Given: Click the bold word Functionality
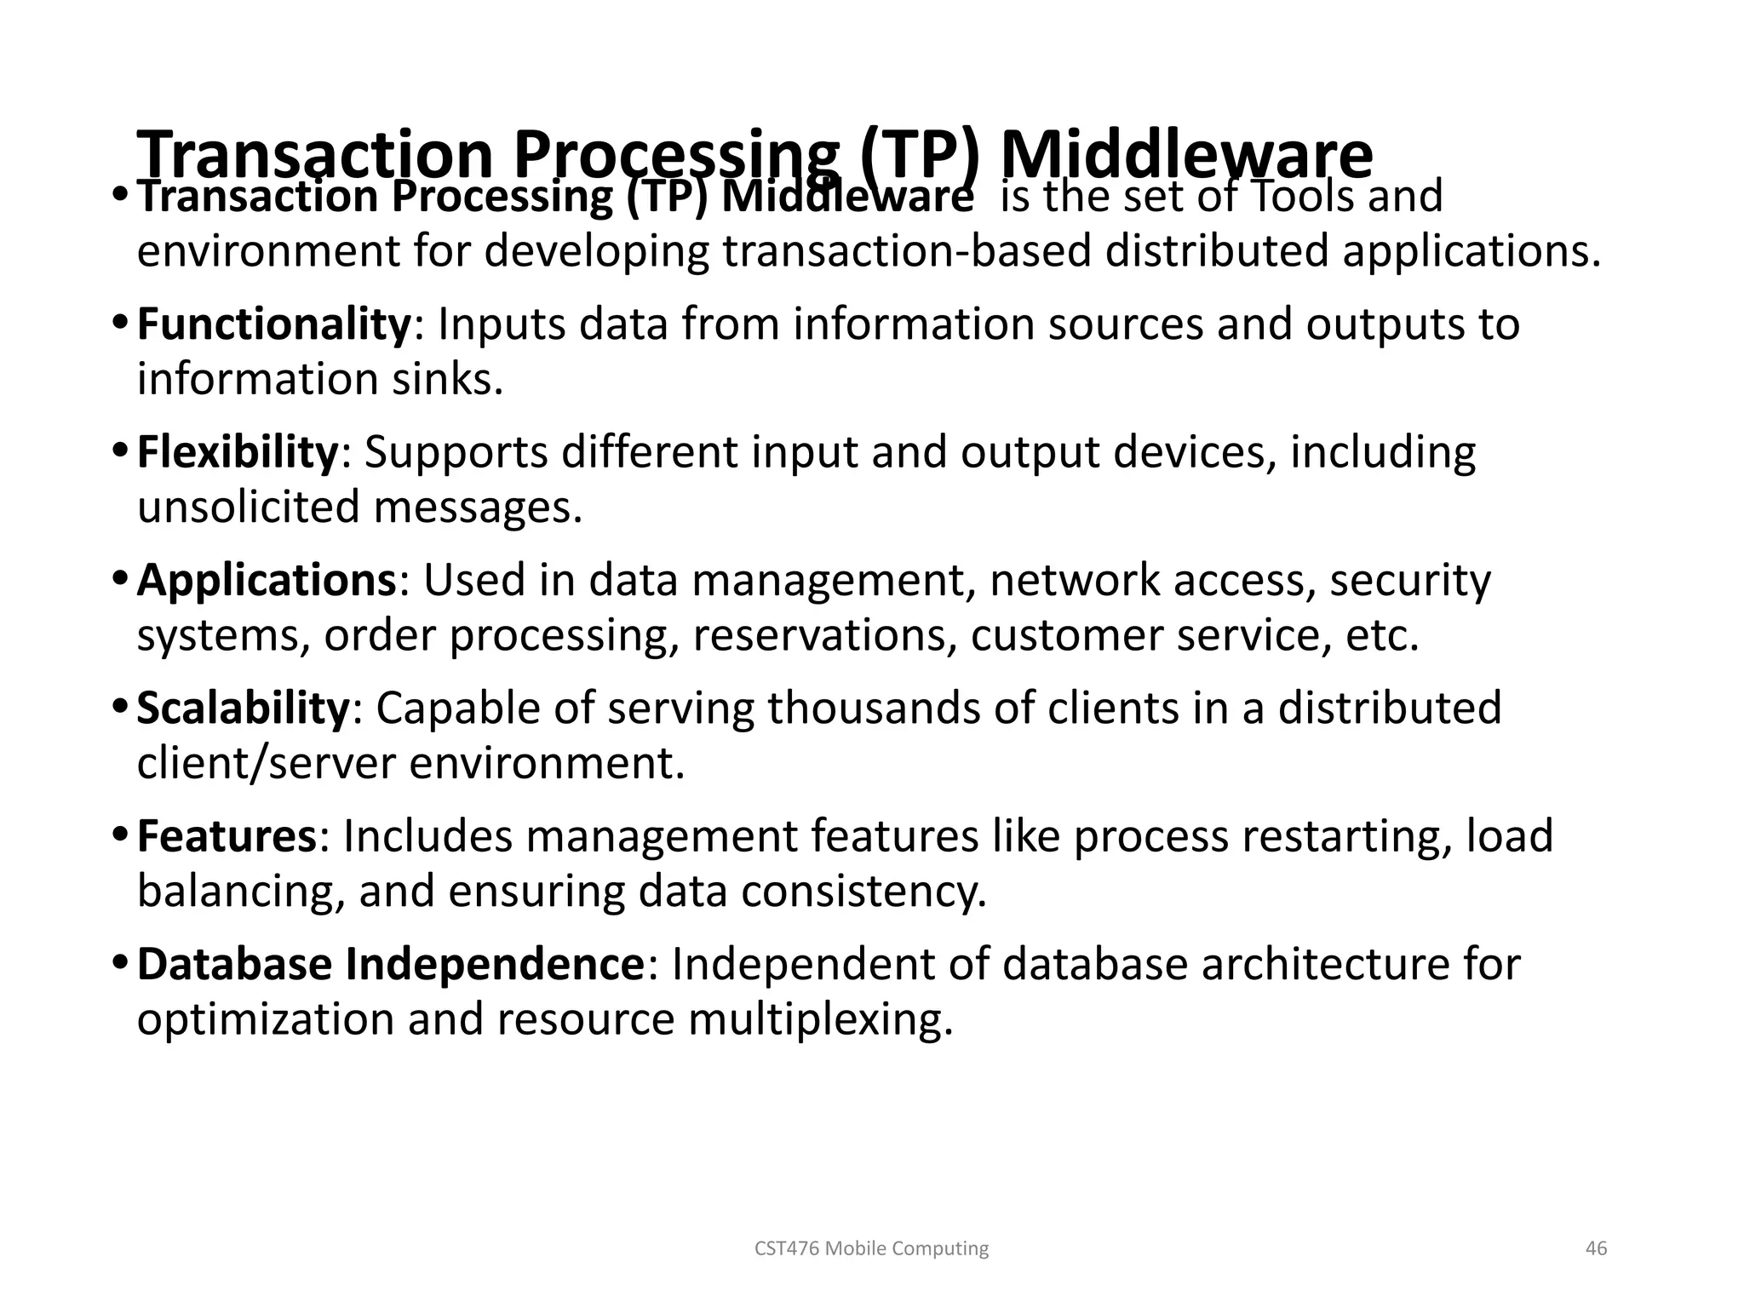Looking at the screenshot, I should click(274, 324).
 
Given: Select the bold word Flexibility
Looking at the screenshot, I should click(238, 452).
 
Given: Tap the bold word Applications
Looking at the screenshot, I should click(267, 581).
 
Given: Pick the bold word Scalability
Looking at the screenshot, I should click(243, 708).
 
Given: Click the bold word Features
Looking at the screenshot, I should click(227, 836).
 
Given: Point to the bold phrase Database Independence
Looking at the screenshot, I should click(391, 965).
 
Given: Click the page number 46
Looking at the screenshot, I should click(1596, 1248).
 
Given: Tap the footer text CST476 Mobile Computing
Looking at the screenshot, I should click(871, 1248).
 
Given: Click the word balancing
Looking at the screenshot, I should click(241, 892).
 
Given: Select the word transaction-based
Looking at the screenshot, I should click(907, 252).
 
